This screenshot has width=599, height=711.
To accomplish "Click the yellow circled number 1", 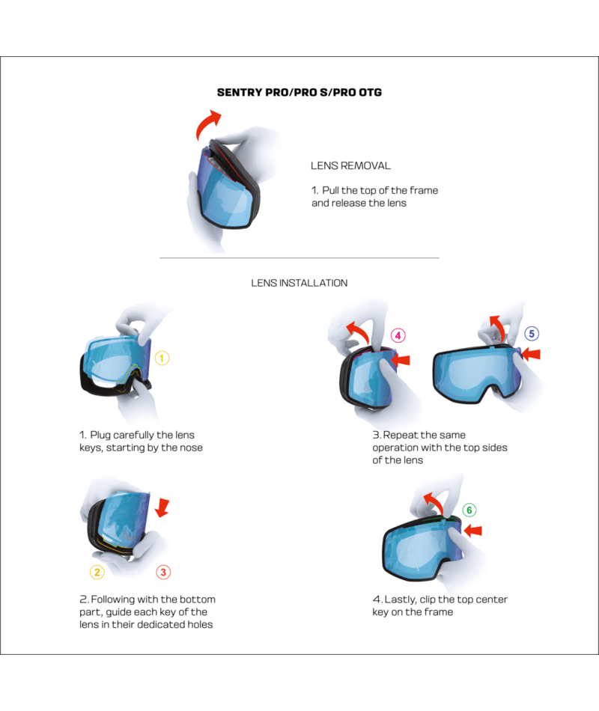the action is click(162, 358).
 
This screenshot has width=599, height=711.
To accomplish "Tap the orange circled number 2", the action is click(97, 573).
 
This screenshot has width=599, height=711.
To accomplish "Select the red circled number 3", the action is click(163, 573).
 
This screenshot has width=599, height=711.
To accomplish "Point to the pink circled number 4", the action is click(398, 335).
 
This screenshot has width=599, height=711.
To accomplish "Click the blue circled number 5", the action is click(532, 334).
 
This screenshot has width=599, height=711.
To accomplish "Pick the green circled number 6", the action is click(469, 510).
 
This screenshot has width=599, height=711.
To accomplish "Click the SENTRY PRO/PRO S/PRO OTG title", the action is click(299, 93).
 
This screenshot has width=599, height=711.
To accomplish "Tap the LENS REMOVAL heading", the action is click(350, 166).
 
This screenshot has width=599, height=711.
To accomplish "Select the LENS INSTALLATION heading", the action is click(299, 283).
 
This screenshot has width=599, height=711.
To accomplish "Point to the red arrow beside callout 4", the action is click(401, 360).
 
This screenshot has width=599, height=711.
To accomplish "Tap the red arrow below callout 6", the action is click(473, 530).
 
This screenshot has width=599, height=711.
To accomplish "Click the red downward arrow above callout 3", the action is click(162, 509).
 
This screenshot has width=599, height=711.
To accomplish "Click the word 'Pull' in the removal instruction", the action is click(330, 190).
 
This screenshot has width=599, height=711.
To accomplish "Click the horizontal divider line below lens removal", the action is click(299, 258).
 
